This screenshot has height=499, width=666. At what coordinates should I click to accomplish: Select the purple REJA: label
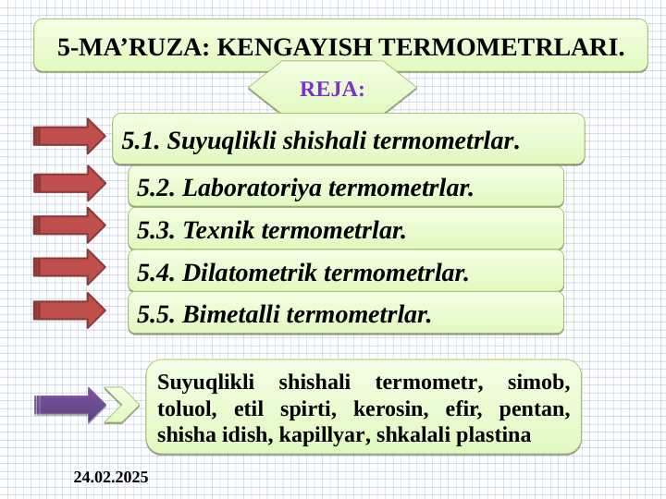pos(332,90)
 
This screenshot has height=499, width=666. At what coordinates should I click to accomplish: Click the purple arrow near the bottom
pos(69,405)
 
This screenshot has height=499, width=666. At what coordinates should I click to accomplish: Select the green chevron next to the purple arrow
pos(121,404)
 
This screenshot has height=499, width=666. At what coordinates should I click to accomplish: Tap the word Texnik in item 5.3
pos(219,229)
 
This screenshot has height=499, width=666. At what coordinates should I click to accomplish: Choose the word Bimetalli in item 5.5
pos(232,314)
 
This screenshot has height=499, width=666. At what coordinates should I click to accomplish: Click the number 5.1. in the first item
pos(142,141)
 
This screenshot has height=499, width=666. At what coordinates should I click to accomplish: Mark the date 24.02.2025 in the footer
pos(110,478)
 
